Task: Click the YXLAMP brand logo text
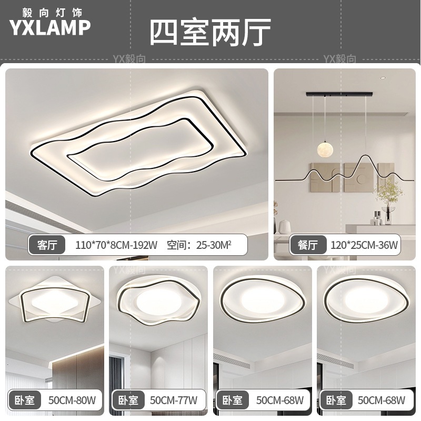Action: [50, 27]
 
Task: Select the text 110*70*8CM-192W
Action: [116, 245]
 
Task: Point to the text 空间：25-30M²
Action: [199, 245]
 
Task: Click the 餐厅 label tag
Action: [307, 245]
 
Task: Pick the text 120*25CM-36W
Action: [364, 245]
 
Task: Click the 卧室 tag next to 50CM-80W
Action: [24, 401]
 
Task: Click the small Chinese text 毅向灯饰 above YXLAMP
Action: [50, 10]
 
